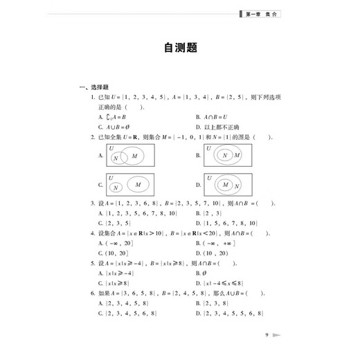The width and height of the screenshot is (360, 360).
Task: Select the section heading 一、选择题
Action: (x=92, y=87)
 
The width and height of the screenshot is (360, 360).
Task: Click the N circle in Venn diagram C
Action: (x=116, y=187)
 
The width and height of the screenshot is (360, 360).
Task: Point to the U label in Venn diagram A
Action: (x=111, y=148)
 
